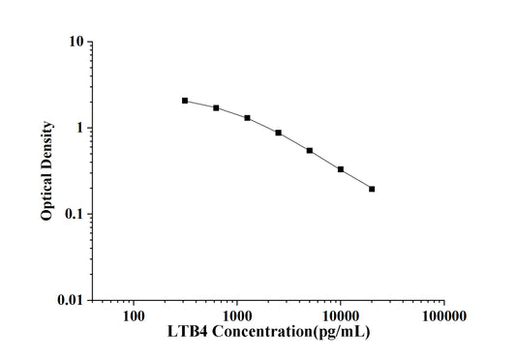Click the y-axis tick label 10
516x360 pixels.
click(73, 43)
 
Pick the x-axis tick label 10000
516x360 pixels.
click(341, 315)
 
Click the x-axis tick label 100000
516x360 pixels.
click(443, 315)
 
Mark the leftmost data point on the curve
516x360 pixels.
click(185, 101)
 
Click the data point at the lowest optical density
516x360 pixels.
click(372, 189)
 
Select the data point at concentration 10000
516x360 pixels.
click(341, 169)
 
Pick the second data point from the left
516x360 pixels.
click(216, 107)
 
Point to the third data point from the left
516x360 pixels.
click(247, 118)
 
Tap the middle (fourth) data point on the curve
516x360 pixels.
click(278, 133)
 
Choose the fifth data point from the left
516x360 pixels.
click(309, 150)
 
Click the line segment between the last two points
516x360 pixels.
click(356, 179)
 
